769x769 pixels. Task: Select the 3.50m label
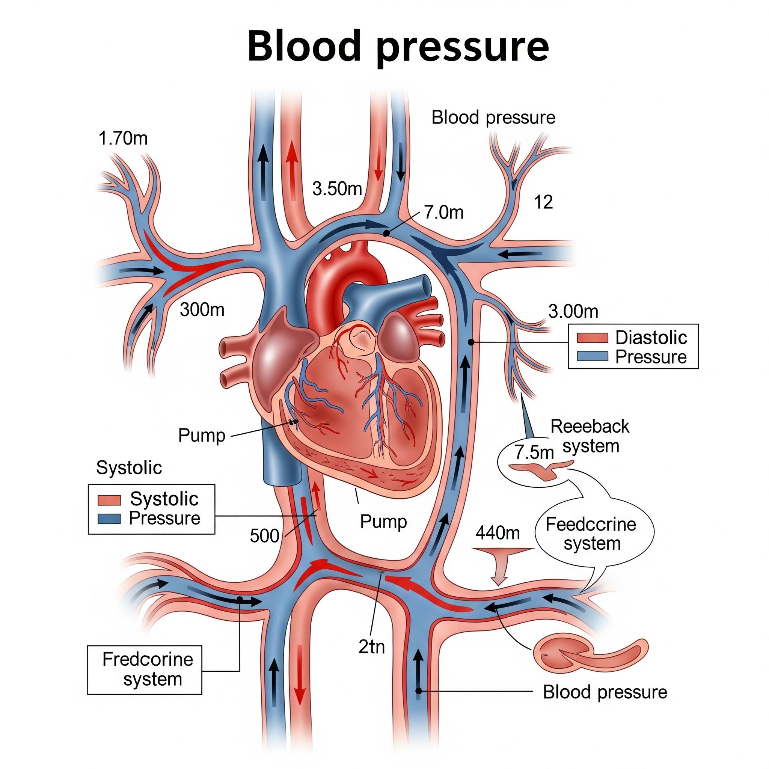337,188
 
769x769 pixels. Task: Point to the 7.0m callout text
443,212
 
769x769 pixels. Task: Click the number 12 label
543,202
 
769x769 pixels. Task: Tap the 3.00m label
573,311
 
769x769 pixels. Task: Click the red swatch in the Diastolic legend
592,338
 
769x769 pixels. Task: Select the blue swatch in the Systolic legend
109,519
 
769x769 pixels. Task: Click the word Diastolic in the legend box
651,338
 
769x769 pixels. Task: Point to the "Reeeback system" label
590,436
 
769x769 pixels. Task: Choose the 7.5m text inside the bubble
534,452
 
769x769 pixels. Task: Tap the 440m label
497,532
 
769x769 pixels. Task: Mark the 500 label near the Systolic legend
264,536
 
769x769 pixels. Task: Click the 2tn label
371,647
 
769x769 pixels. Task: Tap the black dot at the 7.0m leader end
386,233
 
